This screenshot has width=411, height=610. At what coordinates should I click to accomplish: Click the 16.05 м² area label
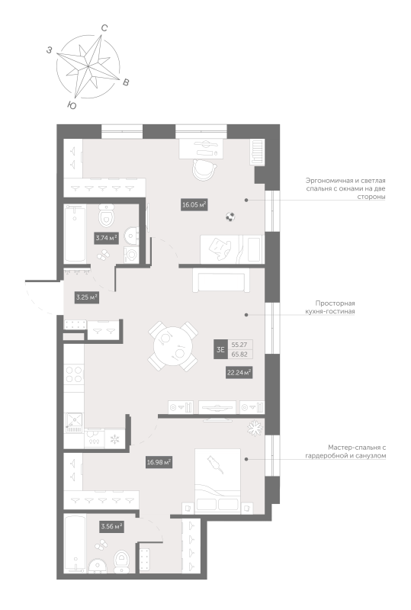click(x=194, y=204)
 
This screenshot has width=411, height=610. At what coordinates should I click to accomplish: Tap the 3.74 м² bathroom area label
click(x=106, y=238)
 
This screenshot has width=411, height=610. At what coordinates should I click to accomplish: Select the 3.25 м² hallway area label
click(x=86, y=297)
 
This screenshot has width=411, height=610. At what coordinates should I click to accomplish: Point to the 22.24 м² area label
click(x=239, y=372)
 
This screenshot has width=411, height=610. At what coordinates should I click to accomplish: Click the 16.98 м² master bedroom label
click(x=159, y=463)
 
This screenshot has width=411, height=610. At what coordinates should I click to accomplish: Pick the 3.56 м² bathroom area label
click(x=111, y=527)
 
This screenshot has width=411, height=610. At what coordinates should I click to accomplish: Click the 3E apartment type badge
click(x=220, y=349)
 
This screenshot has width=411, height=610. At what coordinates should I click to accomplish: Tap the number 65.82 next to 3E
click(x=239, y=354)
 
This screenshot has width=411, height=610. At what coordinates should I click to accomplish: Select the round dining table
click(x=173, y=346)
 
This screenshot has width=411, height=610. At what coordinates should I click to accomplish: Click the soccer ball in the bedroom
click(x=230, y=217)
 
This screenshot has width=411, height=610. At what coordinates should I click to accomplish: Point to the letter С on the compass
click(x=104, y=28)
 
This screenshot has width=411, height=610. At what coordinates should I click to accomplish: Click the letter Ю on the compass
click(x=72, y=105)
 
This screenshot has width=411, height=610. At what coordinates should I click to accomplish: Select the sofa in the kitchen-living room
click(x=221, y=281)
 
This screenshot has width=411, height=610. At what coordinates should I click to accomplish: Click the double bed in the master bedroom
click(x=217, y=481)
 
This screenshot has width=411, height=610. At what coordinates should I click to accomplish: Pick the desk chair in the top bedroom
click(x=204, y=169)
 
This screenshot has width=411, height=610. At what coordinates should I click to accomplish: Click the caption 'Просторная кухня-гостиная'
click(x=335, y=307)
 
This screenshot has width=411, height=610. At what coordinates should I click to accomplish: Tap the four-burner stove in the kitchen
click(x=74, y=374)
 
